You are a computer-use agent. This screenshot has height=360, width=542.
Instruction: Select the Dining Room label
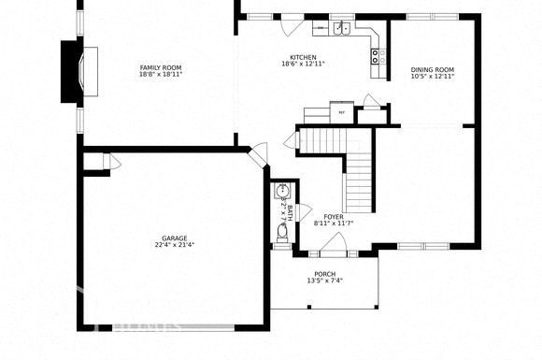tap(432, 70)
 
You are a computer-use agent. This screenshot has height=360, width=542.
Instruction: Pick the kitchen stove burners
tap(376, 56)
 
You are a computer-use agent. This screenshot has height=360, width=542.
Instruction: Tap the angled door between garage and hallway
tap(257, 152)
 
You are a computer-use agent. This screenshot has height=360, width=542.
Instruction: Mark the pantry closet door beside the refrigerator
tap(371, 105)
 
